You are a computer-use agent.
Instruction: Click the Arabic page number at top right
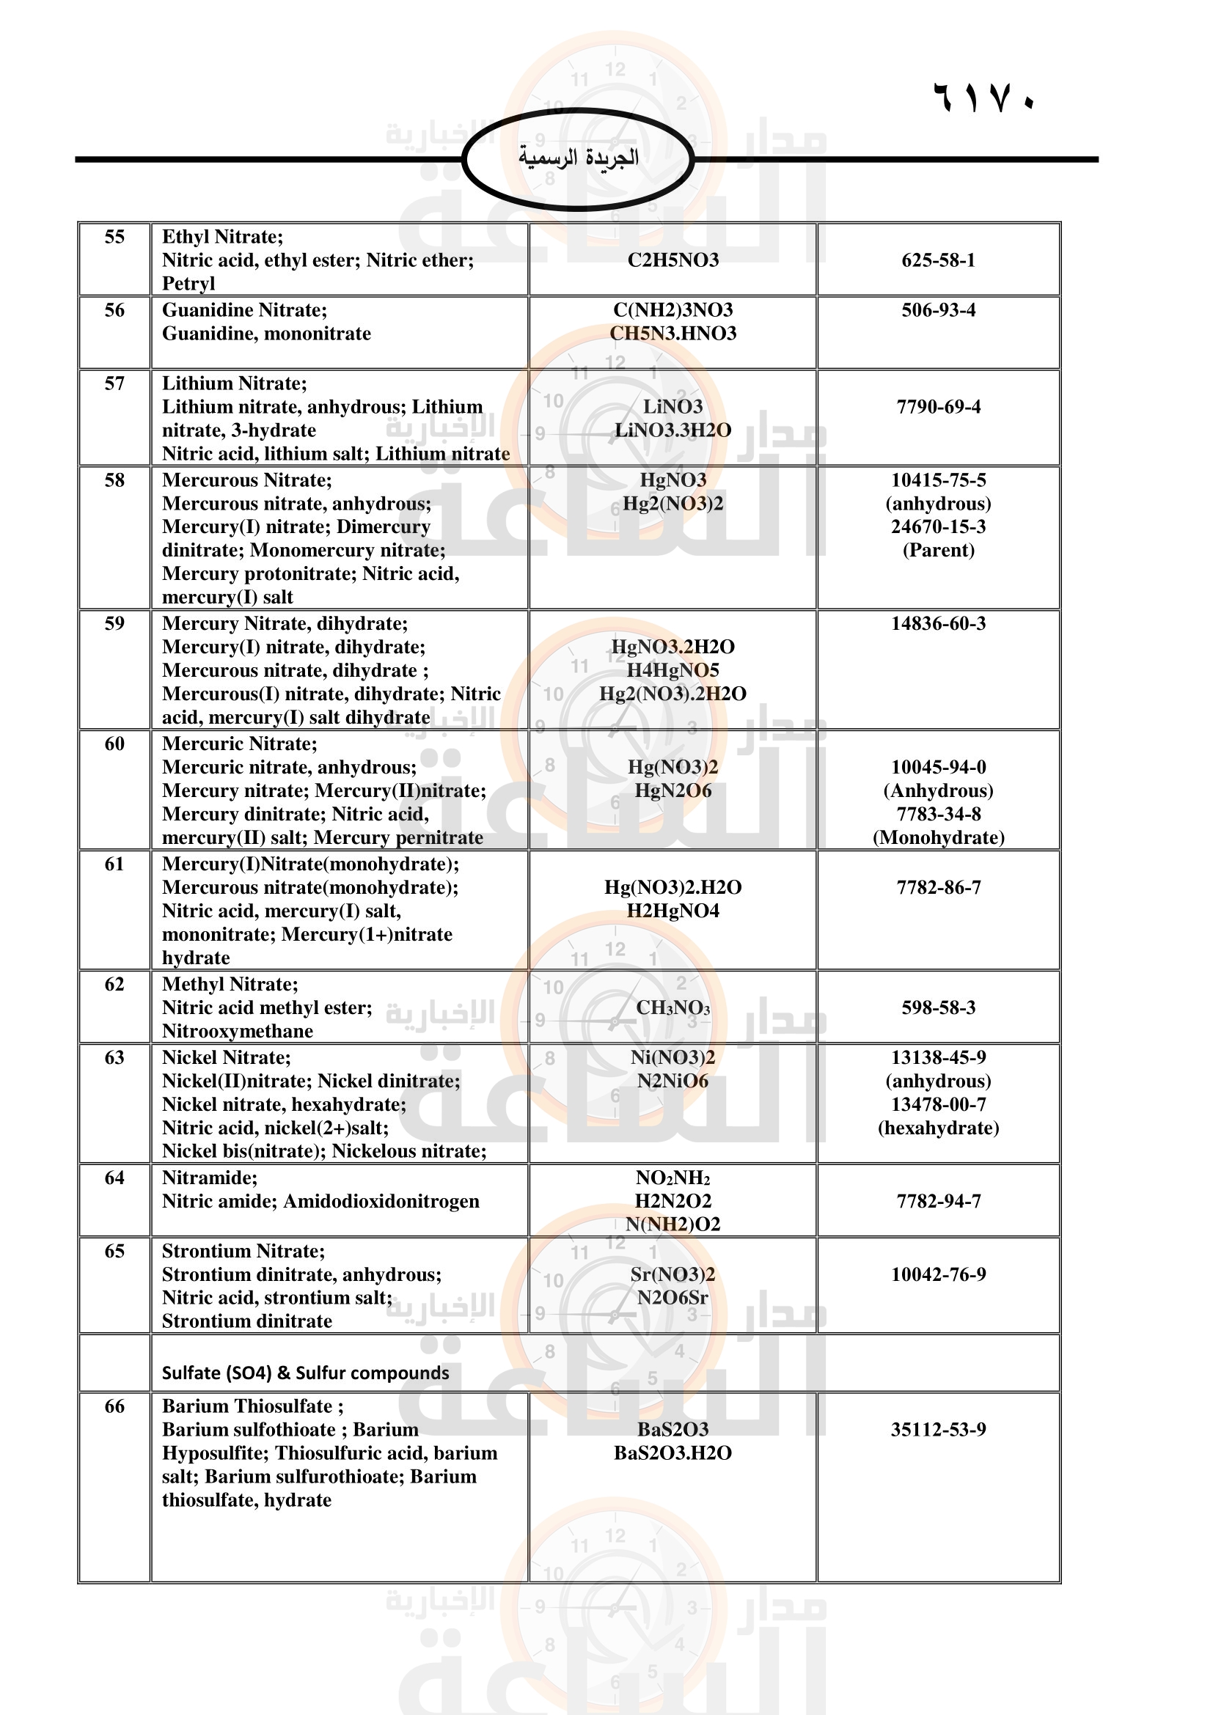[983, 97]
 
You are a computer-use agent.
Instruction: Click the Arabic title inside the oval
[578, 158]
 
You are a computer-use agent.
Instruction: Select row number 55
[114, 237]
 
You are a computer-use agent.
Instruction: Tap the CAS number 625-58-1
[938, 260]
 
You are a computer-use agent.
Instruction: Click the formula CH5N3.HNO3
[673, 333]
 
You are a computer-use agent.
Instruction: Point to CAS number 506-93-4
[938, 310]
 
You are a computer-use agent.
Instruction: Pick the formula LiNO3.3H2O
[673, 430]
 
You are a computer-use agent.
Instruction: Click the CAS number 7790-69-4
[938, 407]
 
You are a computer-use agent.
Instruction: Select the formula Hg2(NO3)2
[673, 504]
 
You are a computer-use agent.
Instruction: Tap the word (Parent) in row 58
[938, 551]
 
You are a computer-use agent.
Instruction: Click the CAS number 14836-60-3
[938, 624]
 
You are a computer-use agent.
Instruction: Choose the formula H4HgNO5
[673, 670]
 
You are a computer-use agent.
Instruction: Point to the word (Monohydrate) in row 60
[938, 837]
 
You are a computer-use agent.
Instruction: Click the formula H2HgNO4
[673, 911]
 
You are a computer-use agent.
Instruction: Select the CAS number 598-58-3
[938, 1007]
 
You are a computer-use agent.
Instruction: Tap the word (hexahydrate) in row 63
[938, 1127]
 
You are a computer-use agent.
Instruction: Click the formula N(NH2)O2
[673, 1224]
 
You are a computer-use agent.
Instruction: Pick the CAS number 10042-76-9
[938, 1274]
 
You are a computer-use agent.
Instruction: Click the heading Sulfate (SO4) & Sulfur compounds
[306, 1373]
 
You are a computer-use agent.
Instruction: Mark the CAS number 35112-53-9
[938, 1430]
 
